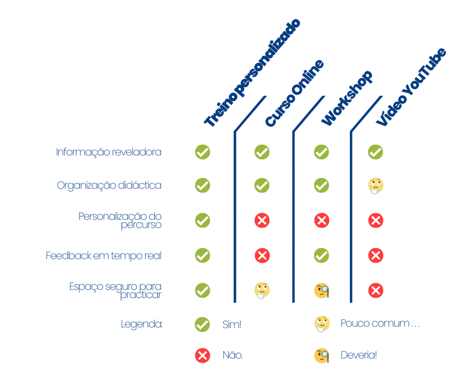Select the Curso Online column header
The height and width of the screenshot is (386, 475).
click(x=294, y=93)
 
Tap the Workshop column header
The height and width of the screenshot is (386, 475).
click(x=346, y=98)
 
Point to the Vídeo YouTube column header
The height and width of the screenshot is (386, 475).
click(x=411, y=87)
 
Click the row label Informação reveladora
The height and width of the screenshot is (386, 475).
click(x=109, y=152)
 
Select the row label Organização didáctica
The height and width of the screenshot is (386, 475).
click(x=109, y=185)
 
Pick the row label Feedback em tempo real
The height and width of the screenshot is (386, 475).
click(x=104, y=256)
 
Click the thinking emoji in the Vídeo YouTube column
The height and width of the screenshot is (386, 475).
click(x=375, y=185)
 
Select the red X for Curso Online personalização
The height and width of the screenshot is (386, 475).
click(x=262, y=221)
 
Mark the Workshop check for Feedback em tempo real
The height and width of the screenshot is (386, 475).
click(x=322, y=256)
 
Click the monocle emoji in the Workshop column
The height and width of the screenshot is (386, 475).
click(x=322, y=291)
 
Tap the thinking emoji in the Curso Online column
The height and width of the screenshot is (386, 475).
click(x=262, y=291)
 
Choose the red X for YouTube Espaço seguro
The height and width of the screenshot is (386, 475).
click(x=375, y=291)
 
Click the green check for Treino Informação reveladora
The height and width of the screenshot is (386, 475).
click(x=202, y=152)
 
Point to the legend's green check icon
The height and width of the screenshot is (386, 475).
click(x=202, y=324)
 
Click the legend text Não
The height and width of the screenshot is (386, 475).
click(x=233, y=355)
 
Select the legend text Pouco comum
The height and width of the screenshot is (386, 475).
click(x=379, y=323)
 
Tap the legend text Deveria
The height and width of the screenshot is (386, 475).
click(x=359, y=355)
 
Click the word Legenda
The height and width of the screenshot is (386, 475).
click(x=141, y=324)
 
